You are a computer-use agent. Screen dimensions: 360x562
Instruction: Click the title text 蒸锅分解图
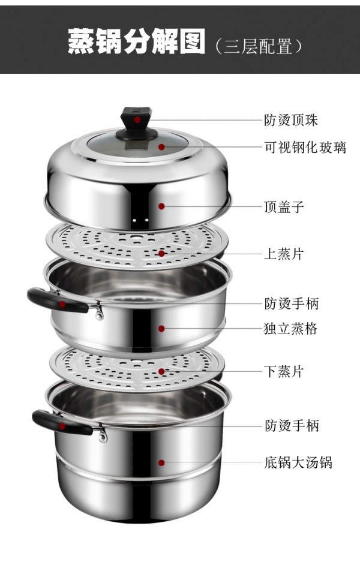click(137, 41)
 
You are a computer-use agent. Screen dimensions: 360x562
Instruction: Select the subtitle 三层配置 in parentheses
click(258, 47)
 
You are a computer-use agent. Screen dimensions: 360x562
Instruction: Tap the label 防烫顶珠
click(291, 120)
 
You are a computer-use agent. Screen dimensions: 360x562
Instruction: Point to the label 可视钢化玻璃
click(305, 148)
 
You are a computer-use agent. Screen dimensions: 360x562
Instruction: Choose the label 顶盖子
click(284, 207)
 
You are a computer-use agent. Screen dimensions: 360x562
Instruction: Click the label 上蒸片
click(284, 254)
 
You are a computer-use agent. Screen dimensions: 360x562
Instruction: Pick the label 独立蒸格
click(291, 329)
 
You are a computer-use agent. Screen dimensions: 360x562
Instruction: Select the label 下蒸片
click(284, 372)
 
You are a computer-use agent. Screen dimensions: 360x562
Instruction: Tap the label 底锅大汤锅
click(298, 462)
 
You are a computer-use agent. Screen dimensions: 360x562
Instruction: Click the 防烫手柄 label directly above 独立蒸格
click(292, 303)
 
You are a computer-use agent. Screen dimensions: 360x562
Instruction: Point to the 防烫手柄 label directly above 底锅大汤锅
click(292, 426)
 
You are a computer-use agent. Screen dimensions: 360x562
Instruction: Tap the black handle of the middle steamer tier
click(58, 300)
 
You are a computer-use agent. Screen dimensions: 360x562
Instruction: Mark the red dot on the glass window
click(162, 147)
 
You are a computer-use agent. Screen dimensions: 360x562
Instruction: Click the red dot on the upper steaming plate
click(162, 254)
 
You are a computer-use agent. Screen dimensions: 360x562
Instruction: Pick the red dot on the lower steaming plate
click(162, 372)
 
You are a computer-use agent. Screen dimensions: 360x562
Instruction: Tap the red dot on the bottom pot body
click(162, 462)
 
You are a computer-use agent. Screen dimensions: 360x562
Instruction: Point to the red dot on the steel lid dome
click(162, 206)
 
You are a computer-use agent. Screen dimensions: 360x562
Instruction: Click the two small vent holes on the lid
click(140, 220)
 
